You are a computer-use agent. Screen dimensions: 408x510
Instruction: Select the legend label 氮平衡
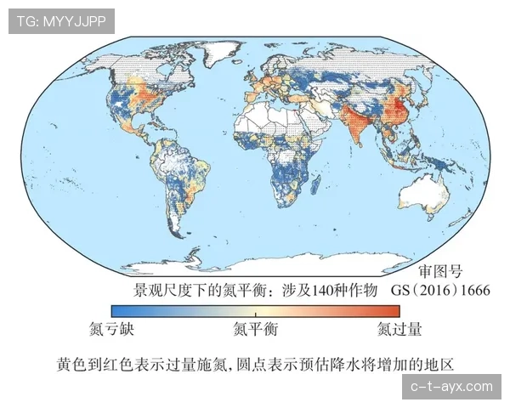click(255, 327)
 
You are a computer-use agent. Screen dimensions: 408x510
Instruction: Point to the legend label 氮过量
click(399, 327)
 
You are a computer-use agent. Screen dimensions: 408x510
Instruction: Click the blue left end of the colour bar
click(116, 311)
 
